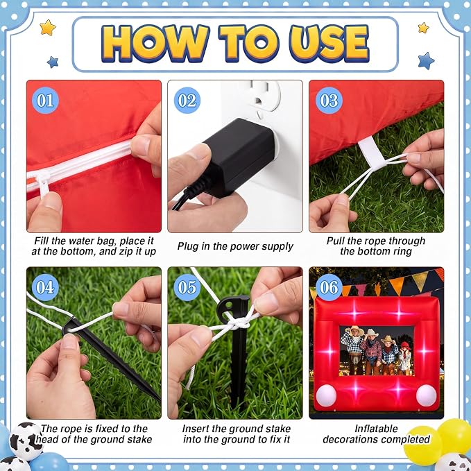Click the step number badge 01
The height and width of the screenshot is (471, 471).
[45, 101]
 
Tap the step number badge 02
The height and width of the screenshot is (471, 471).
[187, 101]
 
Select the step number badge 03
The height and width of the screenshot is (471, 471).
[329, 101]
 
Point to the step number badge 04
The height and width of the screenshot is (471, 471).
[45, 287]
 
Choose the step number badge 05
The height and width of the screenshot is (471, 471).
[187, 287]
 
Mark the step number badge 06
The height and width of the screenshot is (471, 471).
[329, 287]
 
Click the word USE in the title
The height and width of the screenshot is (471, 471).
[329, 44]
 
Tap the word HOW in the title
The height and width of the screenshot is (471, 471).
[155, 44]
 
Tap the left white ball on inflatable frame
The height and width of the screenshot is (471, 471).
[326, 395]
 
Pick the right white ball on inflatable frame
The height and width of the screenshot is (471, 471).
[426, 395]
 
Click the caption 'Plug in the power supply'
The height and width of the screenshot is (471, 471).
[235, 246]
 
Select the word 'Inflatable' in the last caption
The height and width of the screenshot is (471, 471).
[376, 429]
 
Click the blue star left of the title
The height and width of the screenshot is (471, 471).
[53, 62]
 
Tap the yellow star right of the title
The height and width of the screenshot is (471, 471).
[423, 28]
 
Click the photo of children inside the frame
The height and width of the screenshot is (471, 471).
[377, 350]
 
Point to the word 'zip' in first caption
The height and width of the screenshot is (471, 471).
[127, 251]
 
